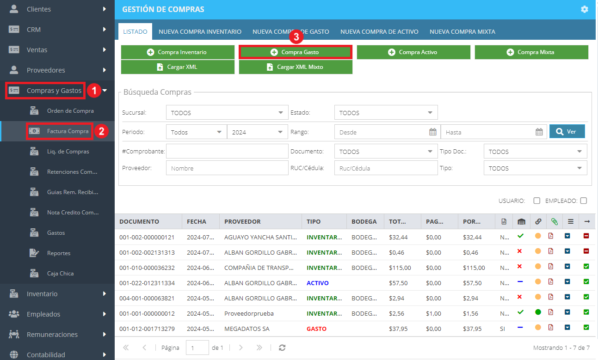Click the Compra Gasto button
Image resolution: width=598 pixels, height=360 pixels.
[x=295, y=52]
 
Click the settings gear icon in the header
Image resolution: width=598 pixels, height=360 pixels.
[x=585, y=9]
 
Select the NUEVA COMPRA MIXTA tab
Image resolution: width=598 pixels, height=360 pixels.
[x=462, y=32]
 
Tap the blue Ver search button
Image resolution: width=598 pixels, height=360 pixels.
[x=567, y=131]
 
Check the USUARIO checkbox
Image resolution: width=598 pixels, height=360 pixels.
[x=536, y=201]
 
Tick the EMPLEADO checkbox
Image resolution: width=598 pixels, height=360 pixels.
[x=584, y=201]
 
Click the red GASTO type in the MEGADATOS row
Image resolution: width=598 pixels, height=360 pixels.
[x=316, y=329]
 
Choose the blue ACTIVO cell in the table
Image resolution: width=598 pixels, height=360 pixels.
[x=317, y=283]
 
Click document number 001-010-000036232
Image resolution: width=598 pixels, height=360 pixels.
[x=147, y=268]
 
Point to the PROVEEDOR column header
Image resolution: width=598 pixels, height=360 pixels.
[x=242, y=222]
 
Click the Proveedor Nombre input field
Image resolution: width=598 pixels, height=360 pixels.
[x=227, y=168]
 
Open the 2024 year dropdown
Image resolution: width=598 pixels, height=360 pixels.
[x=257, y=132]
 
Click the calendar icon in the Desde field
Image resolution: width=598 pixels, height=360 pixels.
[x=432, y=132]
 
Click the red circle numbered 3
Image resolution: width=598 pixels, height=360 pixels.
[x=296, y=37]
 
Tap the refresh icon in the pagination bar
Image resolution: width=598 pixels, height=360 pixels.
[x=282, y=348]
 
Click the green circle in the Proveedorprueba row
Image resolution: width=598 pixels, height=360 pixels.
[x=538, y=312]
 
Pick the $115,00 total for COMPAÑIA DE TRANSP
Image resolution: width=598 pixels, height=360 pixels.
[x=400, y=268]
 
